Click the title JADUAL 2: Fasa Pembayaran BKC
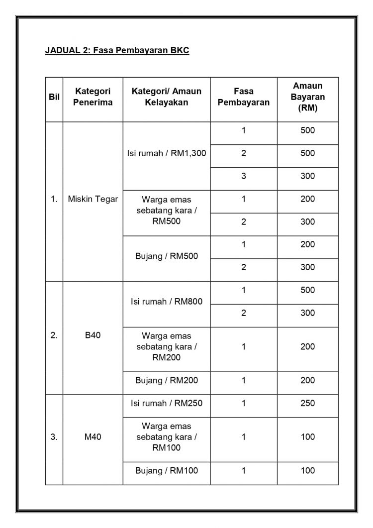click(117, 51)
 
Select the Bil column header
click(54, 98)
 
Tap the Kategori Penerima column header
click(93, 97)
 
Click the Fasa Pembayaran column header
click(244, 97)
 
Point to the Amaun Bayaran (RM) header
click(307, 97)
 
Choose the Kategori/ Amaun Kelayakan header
click(167, 97)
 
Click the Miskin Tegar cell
click(93, 199)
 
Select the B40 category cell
click(93, 335)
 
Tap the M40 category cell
click(93, 437)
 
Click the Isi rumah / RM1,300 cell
click(167, 153)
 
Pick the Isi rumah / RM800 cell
click(167, 302)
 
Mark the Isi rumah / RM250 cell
click(167, 403)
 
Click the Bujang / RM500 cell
click(167, 257)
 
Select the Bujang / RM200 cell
click(167, 381)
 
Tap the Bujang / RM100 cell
click(167, 470)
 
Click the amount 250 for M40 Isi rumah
click(307, 403)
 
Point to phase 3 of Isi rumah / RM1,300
click(244, 176)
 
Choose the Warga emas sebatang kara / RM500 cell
click(167, 210)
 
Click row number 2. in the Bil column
click(54, 335)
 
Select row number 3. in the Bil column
click(54, 437)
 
